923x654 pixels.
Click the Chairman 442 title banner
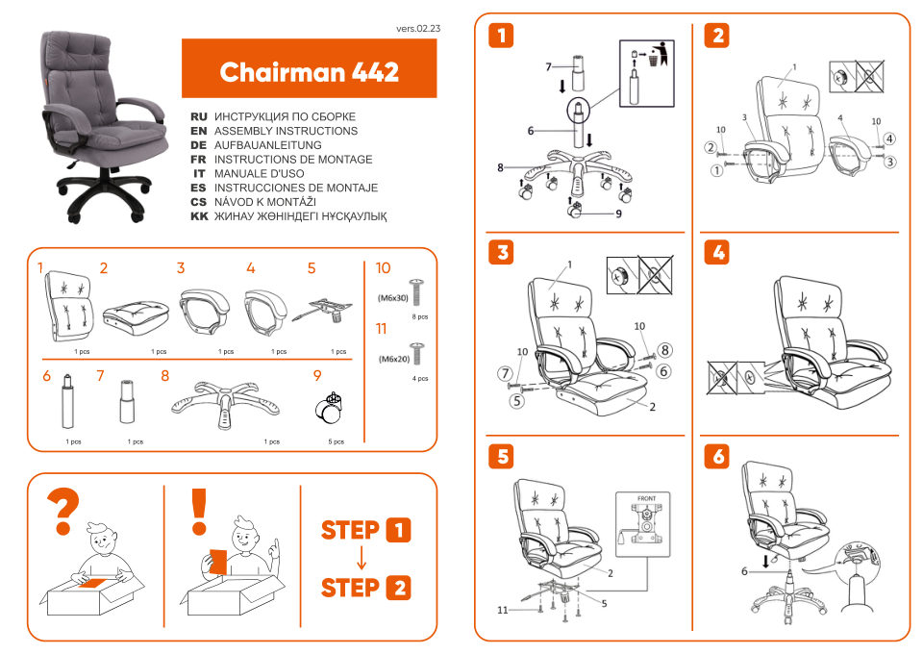(309, 71)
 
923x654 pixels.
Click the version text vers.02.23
(417, 30)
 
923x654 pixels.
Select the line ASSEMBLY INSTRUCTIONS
(286, 131)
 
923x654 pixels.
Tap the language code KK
(199, 217)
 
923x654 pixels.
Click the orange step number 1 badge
(500, 37)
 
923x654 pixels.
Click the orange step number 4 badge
(716, 253)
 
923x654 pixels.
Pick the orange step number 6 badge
(716, 457)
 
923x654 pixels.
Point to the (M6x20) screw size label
(391, 360)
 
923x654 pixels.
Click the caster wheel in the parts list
(327, 412)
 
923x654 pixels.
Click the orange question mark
(64, 514)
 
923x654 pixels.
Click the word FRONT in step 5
(646, 499)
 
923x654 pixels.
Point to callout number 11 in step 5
(503, 610)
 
